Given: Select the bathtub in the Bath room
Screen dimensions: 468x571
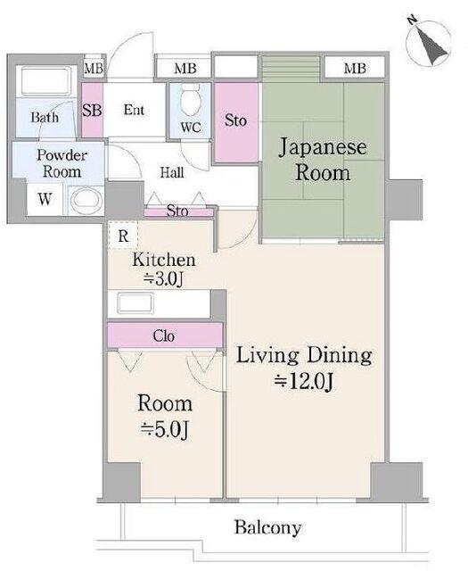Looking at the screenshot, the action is (45, 81).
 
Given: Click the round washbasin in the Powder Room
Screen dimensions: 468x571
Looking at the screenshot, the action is (86, 200).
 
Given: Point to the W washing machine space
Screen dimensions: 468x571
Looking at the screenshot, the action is (45, 199).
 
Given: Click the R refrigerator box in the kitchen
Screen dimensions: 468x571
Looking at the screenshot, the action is (123, 236).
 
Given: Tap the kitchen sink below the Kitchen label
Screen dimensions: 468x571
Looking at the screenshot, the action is (135, 303).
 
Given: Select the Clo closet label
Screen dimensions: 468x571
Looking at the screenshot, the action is (164, 335).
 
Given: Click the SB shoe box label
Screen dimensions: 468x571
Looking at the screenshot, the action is (92, 110).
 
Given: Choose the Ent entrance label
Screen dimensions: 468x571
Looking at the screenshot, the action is (134, 110).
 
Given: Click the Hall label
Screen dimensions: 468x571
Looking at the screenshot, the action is (172, 172).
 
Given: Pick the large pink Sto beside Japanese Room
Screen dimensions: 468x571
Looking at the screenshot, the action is (236, 123).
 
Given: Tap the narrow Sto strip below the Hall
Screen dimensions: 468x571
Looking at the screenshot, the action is (178, 212).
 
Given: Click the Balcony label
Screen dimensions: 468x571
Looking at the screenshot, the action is (267, 527).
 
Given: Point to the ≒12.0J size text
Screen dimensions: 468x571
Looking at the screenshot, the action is (303, 381).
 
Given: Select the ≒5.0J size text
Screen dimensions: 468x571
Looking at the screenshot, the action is (165, 429).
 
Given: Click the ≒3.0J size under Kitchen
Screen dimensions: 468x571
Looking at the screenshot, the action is (163, 278).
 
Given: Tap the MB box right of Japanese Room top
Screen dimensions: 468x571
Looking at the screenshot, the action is (355, 68).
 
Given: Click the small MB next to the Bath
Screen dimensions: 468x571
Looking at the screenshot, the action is (94, 68).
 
